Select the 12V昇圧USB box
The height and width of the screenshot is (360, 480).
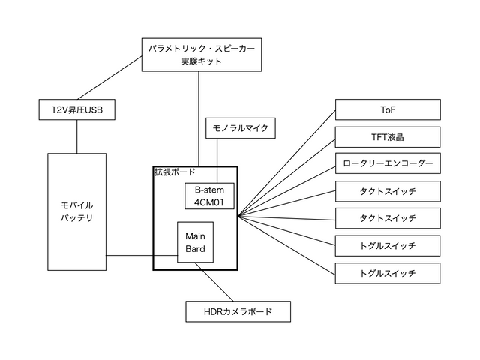click(76, 111)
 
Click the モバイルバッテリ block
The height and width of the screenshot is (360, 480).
click(76, 211)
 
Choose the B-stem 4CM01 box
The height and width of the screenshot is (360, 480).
click(210, 196)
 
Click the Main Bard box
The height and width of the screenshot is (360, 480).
click(196, 242)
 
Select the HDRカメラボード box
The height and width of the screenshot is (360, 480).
click(238, 310)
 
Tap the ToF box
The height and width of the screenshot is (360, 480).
click(387, 110)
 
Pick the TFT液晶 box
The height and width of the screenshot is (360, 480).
click(387, 137)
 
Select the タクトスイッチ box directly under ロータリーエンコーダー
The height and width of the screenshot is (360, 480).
click(387, 191)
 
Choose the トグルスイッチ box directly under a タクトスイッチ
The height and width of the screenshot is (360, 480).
click(387, 245)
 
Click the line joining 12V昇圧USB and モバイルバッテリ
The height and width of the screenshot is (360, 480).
click(76, 137)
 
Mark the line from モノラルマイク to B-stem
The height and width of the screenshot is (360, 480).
click(217, 160)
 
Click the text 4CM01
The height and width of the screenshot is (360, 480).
click(210, 202)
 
